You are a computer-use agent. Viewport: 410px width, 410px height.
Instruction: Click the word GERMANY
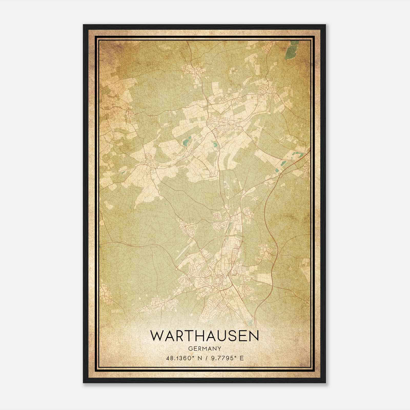204,348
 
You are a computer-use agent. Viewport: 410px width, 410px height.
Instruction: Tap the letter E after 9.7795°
242,358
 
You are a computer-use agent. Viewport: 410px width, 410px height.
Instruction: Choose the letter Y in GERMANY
219,348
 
